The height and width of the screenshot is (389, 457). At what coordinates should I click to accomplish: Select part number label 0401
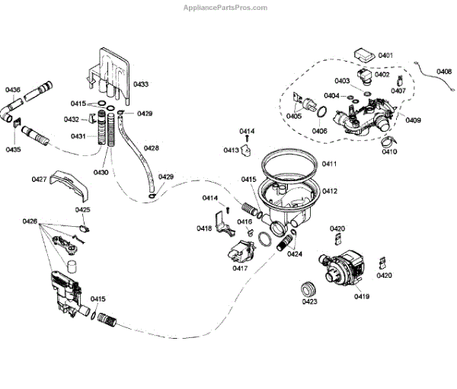(385, 56)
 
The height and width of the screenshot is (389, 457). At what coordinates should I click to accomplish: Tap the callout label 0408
(445, 72)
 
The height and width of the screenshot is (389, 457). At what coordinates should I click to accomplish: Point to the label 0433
(141, 84)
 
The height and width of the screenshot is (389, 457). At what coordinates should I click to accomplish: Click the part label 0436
(13, 90)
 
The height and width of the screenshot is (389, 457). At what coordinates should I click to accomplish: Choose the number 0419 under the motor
(361, 296)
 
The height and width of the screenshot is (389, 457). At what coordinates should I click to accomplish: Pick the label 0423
(309, 302)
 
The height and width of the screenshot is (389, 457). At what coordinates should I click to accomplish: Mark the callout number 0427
(40, 179)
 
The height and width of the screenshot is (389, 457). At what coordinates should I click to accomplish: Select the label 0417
(241, 268)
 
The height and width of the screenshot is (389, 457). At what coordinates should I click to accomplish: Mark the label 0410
(390, 152)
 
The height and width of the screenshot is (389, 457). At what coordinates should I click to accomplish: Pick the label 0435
(13, 150)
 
